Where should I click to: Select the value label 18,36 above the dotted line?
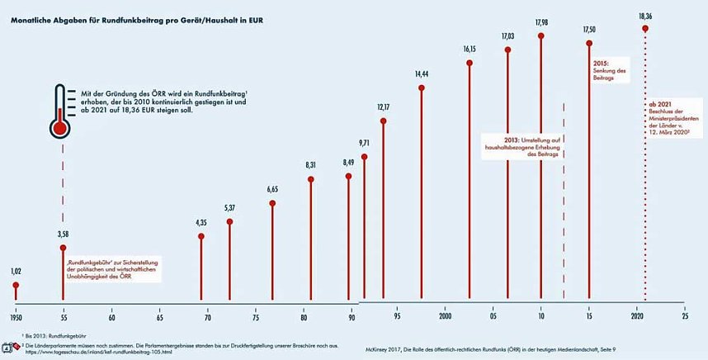tap(645, 15)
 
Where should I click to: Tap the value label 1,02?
tap(16, 272)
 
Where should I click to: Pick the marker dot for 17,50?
tap(589, 43)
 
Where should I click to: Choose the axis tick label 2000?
tap(446, 316)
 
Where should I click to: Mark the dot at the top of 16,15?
tap(470, 62)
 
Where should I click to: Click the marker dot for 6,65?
tap(271, 203)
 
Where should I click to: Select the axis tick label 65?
tap(158, 316)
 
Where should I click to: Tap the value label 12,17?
tap(384, 107)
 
